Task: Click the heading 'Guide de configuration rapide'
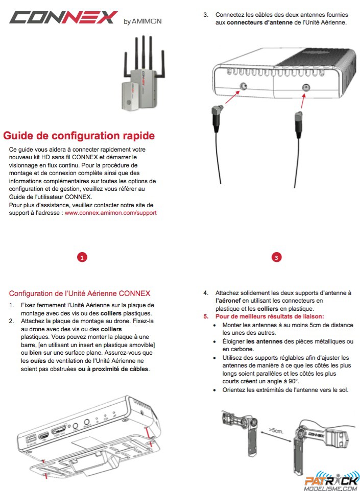[x=79, y=136]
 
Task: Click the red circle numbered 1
[x=82, y=258]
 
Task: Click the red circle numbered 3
[x=276, y=258]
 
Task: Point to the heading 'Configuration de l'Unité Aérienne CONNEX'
[x=80, y=293]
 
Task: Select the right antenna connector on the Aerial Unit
[x=305, y=87]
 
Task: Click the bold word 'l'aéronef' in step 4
[x=228, y=301]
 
